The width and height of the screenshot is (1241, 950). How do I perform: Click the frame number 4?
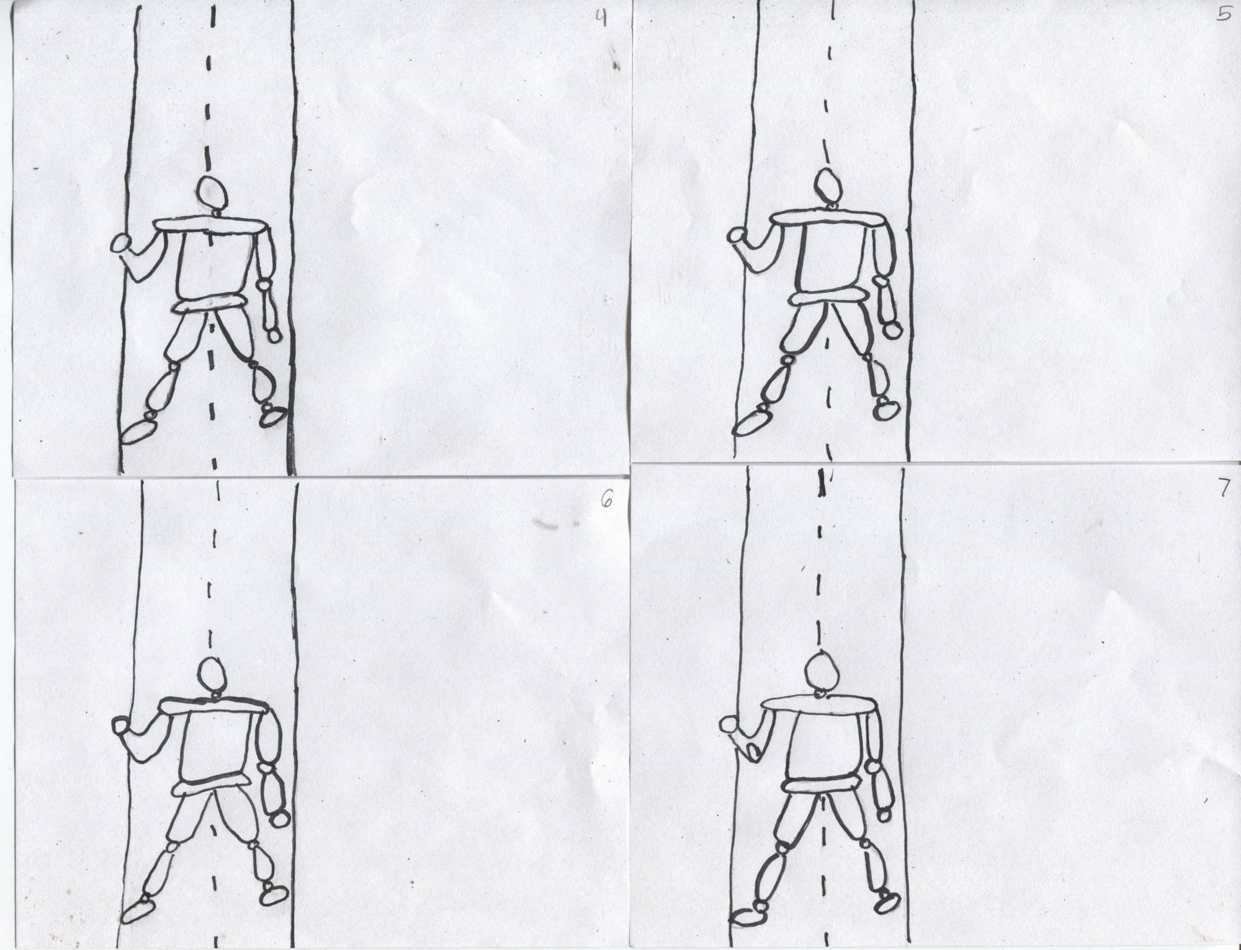(600, 19)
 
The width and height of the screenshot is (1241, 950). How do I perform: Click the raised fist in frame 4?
(120, 243)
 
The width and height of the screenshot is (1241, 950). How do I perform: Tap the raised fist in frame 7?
(730, 725)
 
